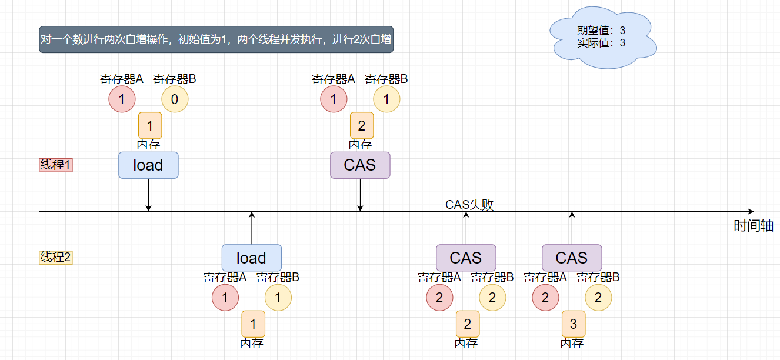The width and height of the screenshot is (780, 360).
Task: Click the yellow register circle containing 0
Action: (175, 100)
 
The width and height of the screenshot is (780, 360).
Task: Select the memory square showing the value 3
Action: (574, 324)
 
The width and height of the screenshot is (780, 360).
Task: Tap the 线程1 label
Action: (55, 165)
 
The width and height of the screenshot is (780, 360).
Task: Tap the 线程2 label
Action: (55, 257)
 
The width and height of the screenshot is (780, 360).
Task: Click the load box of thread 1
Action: (148, 165)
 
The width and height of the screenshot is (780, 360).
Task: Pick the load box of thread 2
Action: (252, 258)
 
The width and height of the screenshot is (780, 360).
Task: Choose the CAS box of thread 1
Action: (360, 165)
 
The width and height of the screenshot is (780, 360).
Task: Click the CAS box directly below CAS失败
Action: (466, 258)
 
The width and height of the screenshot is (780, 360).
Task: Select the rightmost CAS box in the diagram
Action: (572, 258)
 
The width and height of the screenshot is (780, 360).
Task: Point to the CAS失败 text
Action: (469, 205)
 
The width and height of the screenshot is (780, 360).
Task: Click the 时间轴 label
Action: (753, 226)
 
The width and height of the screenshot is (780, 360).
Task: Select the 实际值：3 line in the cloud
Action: (601, 43)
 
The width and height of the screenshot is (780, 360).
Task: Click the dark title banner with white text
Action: (216, 40)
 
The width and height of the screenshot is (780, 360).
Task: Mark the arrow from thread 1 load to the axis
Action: (148, 194)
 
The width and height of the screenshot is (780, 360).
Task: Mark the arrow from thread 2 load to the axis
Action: (252, 228)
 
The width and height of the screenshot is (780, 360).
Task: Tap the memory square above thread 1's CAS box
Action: (362, 125)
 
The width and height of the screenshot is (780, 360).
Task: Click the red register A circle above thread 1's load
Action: (122, 100)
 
